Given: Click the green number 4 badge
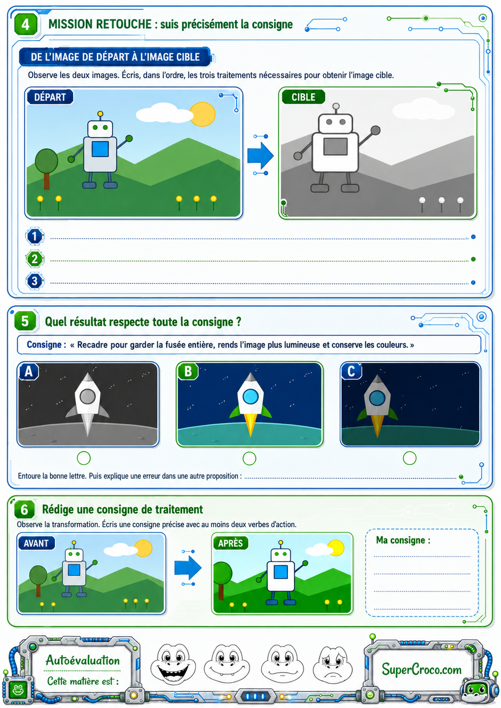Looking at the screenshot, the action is [26, 24].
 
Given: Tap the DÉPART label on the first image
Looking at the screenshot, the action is [50, 97].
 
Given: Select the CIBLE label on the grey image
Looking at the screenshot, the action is [303, 97].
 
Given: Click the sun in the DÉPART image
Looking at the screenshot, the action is [203, 114].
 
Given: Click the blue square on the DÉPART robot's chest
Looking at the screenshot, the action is [100, 149].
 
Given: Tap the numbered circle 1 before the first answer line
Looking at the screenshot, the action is [35, 236].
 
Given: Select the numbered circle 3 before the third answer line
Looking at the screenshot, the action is [35, 281].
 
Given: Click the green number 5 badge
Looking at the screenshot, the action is [25, 321].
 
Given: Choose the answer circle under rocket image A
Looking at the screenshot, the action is [84, 458].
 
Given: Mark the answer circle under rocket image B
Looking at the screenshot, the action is [249, 458].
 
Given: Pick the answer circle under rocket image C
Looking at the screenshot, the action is [410, 458].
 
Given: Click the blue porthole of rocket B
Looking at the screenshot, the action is [250, 396].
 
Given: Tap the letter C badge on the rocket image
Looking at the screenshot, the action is [351, 371].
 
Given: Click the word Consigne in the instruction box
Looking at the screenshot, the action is [44, 345].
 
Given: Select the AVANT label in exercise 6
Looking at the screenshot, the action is [37, 543].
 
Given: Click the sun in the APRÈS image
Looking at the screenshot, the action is [336, 548].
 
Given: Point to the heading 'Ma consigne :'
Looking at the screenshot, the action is [403, 540].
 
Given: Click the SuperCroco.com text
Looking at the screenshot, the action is [421, 669].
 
